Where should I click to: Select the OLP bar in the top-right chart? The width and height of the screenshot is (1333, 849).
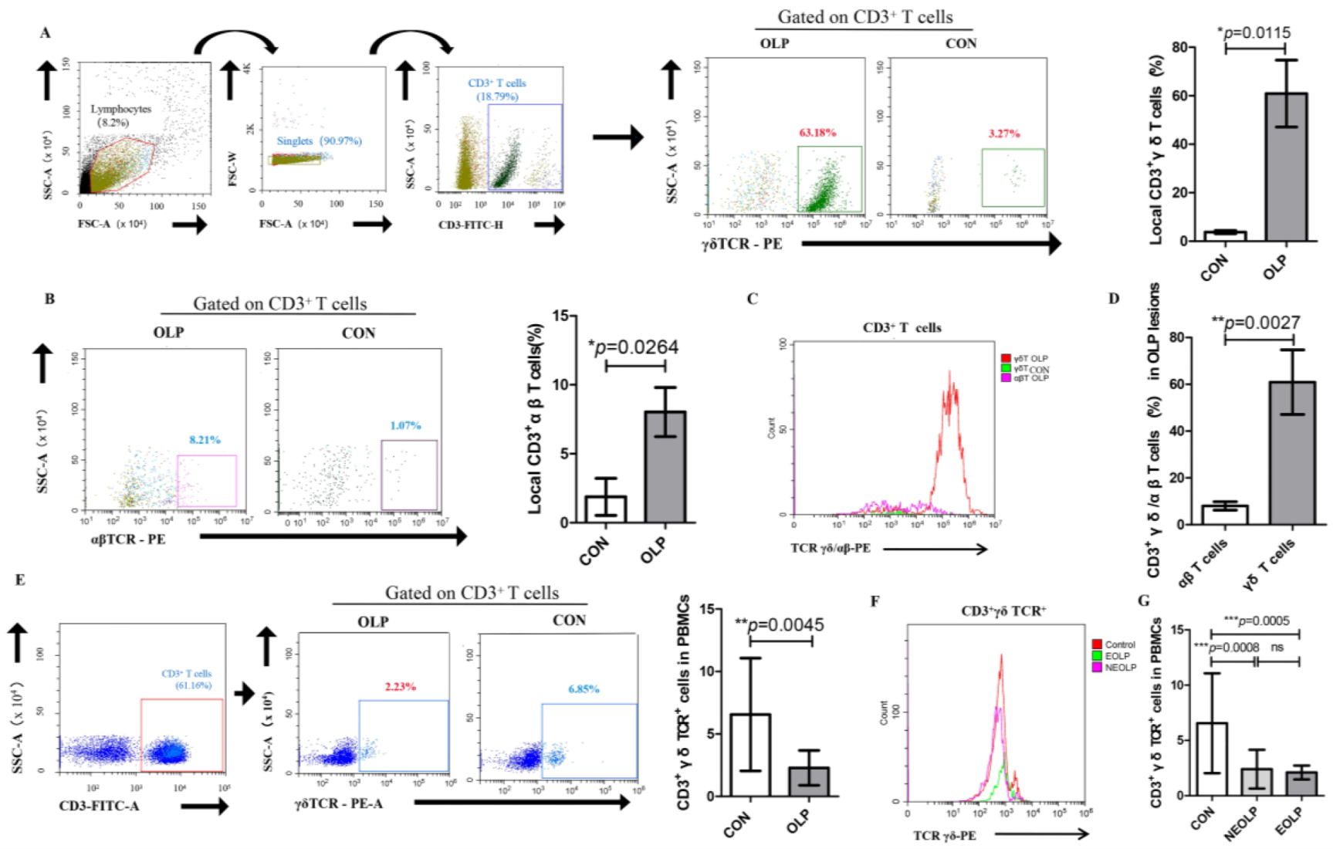pos(1285,167)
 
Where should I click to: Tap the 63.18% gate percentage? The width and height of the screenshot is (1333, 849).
pos(817,133)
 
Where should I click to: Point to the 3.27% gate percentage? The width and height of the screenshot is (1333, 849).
pos(1004,134)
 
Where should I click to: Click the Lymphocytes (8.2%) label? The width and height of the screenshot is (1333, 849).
pos(120,116)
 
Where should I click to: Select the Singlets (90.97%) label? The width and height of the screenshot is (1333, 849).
pos(319,141)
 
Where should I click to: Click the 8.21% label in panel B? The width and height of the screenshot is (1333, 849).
pos(205,440)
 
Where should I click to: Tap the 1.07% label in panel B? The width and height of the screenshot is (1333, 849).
pos(405,425)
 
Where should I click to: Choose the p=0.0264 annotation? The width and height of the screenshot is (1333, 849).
pos(634,347)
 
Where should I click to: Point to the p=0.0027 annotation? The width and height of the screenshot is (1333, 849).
pos(1256,323)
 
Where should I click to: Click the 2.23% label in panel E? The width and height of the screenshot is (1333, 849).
pos(400,686)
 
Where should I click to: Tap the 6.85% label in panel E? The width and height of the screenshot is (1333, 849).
pos(584,689)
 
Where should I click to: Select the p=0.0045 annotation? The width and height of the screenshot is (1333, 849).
pos(780,624)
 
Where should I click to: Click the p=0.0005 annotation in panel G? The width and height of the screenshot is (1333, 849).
pos(1256,621)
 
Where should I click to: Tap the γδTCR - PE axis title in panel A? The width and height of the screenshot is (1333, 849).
pos(741,244)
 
